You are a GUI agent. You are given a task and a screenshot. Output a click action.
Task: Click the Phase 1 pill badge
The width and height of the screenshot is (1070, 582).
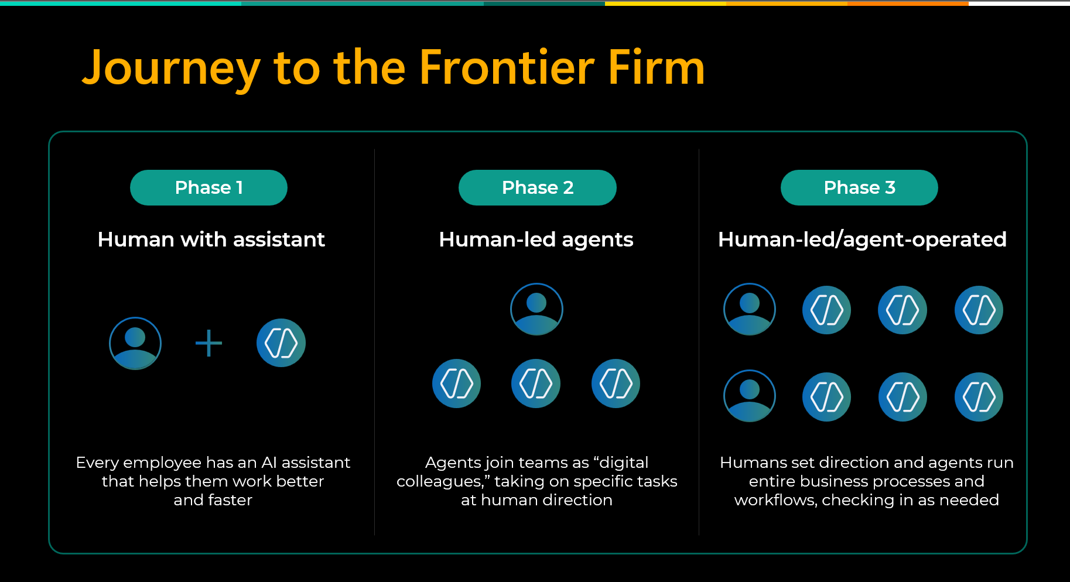tap(208, 187)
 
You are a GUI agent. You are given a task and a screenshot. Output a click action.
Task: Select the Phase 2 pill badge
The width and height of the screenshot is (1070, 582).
tap(538, 187)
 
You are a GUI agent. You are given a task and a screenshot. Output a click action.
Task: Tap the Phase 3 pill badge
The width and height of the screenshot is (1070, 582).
tap(859, 187)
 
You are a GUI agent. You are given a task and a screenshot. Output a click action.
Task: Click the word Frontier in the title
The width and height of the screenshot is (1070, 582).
tap(507, 68)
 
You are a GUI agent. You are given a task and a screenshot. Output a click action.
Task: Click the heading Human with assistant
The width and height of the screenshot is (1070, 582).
tap(211, 239)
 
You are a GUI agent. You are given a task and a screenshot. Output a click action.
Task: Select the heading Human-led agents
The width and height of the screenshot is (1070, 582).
tap(536, 239)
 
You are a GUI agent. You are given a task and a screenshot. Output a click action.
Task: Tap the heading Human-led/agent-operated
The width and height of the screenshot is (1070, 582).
tap(862, 239)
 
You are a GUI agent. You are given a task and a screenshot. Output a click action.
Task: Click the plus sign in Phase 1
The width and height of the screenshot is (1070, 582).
tap(208, 343)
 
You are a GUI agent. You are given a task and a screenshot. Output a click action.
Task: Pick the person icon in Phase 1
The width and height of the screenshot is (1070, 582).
tap(135, 343)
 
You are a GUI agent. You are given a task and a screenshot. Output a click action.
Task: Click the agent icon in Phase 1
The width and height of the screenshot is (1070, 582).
tap(281, 343)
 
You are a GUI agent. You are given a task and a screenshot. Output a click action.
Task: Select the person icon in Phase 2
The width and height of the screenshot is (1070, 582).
tap(536, 309)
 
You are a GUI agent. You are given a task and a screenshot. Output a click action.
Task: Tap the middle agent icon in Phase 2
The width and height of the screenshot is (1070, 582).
tap(536, 384)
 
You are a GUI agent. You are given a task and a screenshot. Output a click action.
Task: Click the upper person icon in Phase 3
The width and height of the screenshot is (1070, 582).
tap(750, 309)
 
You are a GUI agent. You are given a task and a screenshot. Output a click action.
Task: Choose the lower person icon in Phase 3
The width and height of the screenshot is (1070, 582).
tap(750, 396)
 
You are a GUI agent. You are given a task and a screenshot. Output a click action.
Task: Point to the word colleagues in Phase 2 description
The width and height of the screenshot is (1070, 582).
tap(440, 481)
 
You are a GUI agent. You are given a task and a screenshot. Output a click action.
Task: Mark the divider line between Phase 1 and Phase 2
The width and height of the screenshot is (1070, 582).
tap(374, 342)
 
